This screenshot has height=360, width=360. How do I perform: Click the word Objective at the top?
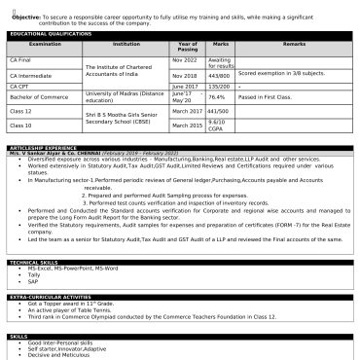(x=25, y=17)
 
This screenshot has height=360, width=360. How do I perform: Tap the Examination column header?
(x=44, y=44)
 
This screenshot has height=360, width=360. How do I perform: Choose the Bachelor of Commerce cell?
(x=38, y=97)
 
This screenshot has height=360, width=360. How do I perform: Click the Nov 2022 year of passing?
(x=184, y=58)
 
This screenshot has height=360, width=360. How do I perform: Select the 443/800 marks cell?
(x=219, y=74)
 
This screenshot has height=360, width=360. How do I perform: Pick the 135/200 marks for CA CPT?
(x=219, y=86)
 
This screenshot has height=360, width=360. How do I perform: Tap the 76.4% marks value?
(x=217, y=97)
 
